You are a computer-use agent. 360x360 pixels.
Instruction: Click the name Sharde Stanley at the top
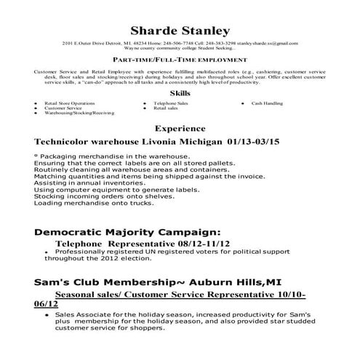pyautogui.click(x=180, y=31)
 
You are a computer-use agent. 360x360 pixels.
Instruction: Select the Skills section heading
pyautogui.click(x=180, y=93)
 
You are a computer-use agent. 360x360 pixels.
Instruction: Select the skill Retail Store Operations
pyautogui.click(x=70, y=104)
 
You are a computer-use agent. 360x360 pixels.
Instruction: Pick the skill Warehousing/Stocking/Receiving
pyautogui.click(x=79, y=113)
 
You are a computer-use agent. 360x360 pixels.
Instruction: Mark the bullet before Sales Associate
pyautogui.click(x=47, y=316)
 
